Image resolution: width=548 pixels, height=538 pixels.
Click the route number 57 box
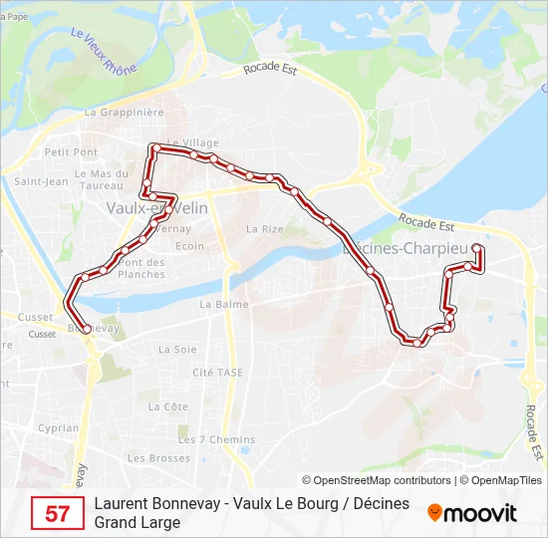click(x=58, y=514)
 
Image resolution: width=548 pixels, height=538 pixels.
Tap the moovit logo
click(x=472, y=513)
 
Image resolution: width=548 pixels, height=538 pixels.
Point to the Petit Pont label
click(x=71, y=152)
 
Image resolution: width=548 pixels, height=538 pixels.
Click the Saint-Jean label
click(x=41, y=181)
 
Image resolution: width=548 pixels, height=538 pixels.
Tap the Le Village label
click(x=193, y=142)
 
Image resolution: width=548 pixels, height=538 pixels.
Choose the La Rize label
click(x=265, y=228)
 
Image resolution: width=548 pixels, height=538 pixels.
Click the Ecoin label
click(x=189, y=246)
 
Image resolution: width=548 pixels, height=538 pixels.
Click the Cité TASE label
click(x=217, y=373)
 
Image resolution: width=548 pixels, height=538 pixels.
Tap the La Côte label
click(x=167, y=406)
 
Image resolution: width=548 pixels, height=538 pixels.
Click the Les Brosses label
click(x=158, y=458)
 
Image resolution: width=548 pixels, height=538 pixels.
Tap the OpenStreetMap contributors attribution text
click(x=377, y=480)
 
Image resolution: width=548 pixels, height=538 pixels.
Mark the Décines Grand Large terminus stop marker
click(x=476, y=248)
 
